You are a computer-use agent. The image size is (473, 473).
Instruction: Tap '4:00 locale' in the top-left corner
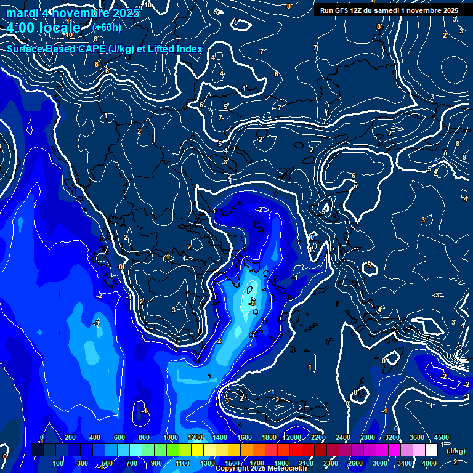(43, 28)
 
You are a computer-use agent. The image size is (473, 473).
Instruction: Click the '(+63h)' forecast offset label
(107, 27)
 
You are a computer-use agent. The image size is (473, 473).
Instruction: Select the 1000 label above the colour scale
(170, 437)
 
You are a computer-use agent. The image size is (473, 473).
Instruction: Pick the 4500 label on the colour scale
(441, 437)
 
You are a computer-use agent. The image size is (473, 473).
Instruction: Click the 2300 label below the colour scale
(330, 463)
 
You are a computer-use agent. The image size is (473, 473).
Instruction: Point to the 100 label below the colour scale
(59, 463)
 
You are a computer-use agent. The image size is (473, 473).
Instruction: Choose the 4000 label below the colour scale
(429, 463)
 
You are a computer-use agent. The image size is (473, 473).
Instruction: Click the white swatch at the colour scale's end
(434, 450)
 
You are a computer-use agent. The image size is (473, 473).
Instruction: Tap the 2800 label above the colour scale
(367, 437)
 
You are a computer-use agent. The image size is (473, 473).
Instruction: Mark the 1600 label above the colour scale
(244, 437)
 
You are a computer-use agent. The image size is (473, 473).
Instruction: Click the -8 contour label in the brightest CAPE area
(251, 302)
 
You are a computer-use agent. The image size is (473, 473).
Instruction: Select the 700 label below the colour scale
(132, 463)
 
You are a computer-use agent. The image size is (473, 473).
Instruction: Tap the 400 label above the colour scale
(95, 437)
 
